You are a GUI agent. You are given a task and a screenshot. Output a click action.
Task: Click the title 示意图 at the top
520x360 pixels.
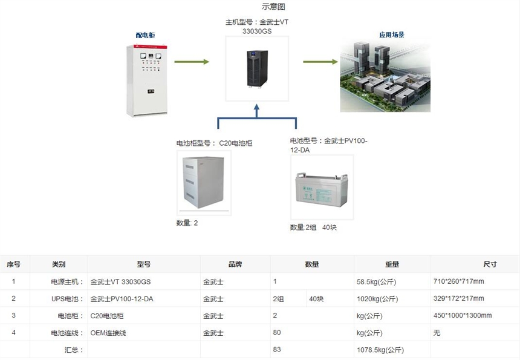click(x=273, y=7)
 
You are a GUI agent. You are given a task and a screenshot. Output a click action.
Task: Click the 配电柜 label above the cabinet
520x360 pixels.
click(x=145, y=36)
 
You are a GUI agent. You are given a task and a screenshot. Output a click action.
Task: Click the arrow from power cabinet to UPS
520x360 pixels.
click(x=192, y=62)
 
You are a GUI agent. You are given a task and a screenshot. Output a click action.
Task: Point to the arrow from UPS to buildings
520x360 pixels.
click(x=320, y=62)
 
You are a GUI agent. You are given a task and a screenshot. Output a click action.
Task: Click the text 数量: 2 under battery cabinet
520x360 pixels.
click(x=187, y=223)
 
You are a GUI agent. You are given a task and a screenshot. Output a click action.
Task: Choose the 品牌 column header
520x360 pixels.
click(x=235, y=264)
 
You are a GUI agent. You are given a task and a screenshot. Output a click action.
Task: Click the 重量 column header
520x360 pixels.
click(x=392, y=264)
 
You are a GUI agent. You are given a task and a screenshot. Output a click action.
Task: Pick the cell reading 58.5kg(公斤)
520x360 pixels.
click(x=377, y=281)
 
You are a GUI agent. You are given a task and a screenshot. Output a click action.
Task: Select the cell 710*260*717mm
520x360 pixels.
click(x=459, y=281)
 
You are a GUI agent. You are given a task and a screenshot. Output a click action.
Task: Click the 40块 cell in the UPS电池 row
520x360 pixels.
click(x=316, y=298)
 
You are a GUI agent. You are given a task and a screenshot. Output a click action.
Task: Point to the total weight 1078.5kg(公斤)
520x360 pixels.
click(x=380, y=350)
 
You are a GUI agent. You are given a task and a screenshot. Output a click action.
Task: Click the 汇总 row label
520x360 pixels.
click(x=74, y=350)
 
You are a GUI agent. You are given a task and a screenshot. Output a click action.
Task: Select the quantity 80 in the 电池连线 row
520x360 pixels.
click(x=277, y=332)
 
